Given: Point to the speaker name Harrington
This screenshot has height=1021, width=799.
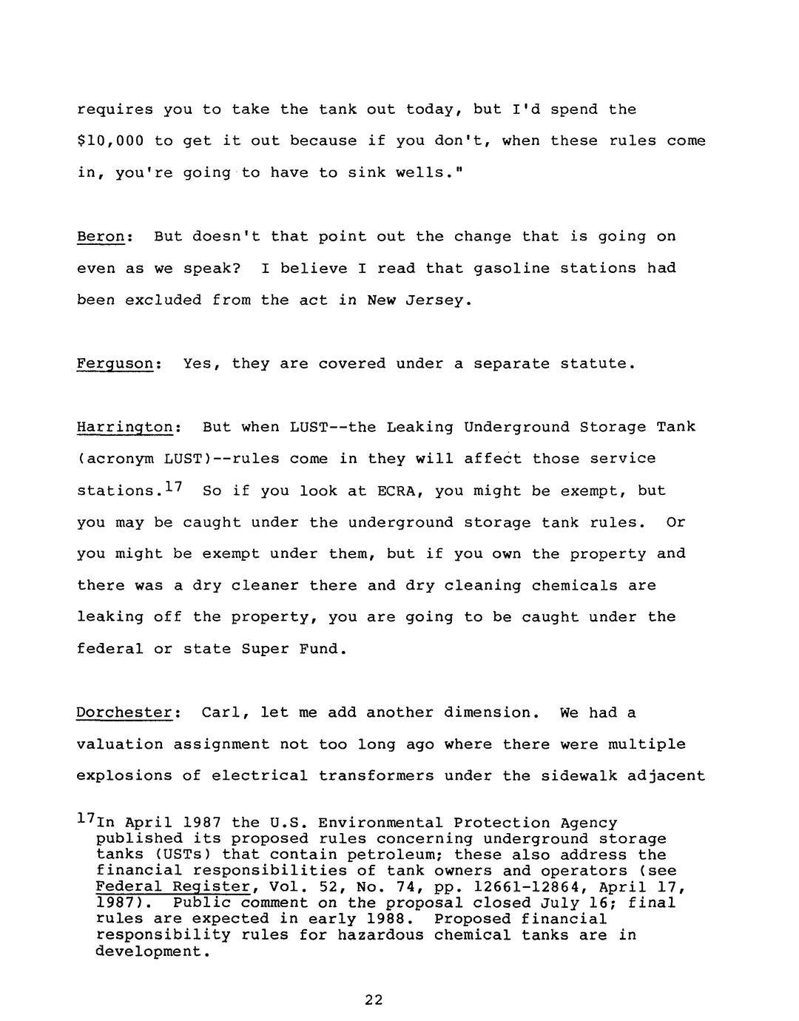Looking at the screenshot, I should click(125, 428).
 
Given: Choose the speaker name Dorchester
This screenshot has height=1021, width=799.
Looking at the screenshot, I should click(125, 713).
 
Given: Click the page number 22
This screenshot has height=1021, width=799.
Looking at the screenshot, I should click(374, 1000).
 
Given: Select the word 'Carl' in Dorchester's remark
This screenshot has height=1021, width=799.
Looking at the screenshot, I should click(220, 713).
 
